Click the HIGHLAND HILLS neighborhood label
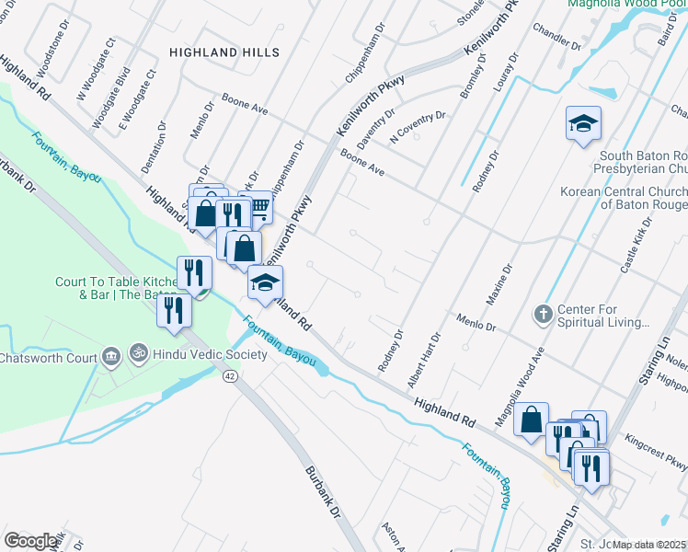[x=224, y=52]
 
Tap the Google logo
[x=30, y=541]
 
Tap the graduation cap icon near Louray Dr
[x=583, y=125]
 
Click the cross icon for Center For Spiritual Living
[x=544, y=316]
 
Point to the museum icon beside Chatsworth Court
[x=111, y=356]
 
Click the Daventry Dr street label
[x=375, y=131]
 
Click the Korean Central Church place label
[x=624, y=198]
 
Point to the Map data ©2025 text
[x=649, y=544]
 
